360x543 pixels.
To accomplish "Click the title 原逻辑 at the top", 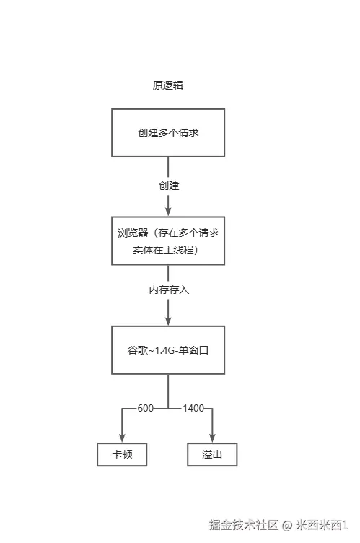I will coord(167,85).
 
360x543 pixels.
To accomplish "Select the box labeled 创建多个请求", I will coord(167,133).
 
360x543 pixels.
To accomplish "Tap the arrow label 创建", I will coord(169,186).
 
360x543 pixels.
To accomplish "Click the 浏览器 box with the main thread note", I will coord(168,241).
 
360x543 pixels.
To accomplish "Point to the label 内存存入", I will coord(169,290).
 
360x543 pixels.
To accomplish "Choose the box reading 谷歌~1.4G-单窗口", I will coord(168,350).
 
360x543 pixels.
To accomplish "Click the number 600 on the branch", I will coord(146,409).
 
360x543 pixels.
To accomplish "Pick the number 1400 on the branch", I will coord(193,409).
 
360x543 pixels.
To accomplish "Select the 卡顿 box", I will coord(123,455).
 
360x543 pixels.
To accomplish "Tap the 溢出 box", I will coord(212,455).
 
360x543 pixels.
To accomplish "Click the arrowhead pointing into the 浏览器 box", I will coord(168,211).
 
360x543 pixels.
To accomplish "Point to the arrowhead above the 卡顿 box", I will coord(123,438).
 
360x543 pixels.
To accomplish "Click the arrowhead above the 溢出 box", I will coord(212,438).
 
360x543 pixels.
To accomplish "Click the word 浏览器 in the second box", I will coord(133,233).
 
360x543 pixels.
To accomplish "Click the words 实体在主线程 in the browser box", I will coord(164,250).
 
